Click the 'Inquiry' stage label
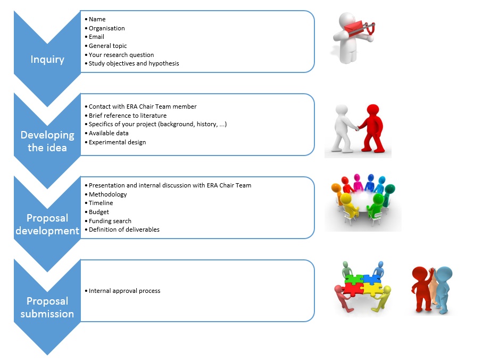tap(47, 59)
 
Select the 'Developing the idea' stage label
tap(47, 141)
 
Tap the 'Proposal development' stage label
tap(47, 224)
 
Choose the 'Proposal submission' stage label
tap(47, 307)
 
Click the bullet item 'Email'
tap(96, 37)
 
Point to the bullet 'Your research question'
tap(121, 54)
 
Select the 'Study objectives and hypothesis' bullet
tap(134, 63)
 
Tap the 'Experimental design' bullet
tap(117, 142)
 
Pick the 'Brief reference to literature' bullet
tap(127, 116)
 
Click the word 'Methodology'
tap(107, 194)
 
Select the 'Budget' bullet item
tap(98, 212)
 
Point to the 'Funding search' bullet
tap(110, 221)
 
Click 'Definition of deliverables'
tap(124, 230)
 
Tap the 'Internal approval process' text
tap(124, 291)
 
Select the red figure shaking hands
tap(372, 127)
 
